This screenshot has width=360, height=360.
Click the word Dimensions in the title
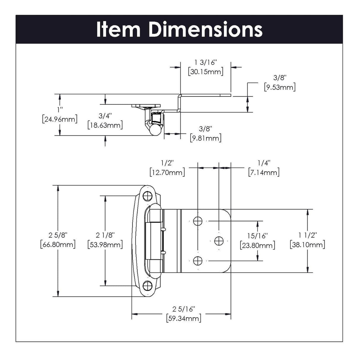(205, 29)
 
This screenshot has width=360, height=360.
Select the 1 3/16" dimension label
(206, 62)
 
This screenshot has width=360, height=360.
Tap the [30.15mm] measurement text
(206, 71)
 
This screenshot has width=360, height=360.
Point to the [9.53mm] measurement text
(279, 87)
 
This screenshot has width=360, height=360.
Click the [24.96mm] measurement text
(60, 119)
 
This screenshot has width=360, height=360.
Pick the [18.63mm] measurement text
(105, 125)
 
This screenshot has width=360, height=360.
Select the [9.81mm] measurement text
(206, 138)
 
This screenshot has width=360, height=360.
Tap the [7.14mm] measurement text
(264, 172)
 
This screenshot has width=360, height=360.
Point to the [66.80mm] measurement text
(58, 244)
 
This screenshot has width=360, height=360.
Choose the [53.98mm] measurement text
(105, 244)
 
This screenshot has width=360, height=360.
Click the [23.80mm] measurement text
(257, 245)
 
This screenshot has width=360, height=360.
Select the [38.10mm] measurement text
(308, 244)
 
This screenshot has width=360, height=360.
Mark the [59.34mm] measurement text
(184, 318)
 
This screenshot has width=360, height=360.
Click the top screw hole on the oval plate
(147, 196)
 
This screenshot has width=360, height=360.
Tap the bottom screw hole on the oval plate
(147, 286)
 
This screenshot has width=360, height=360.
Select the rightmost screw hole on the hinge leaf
(219, 240)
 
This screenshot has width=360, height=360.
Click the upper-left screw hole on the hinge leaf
(198, 221)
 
